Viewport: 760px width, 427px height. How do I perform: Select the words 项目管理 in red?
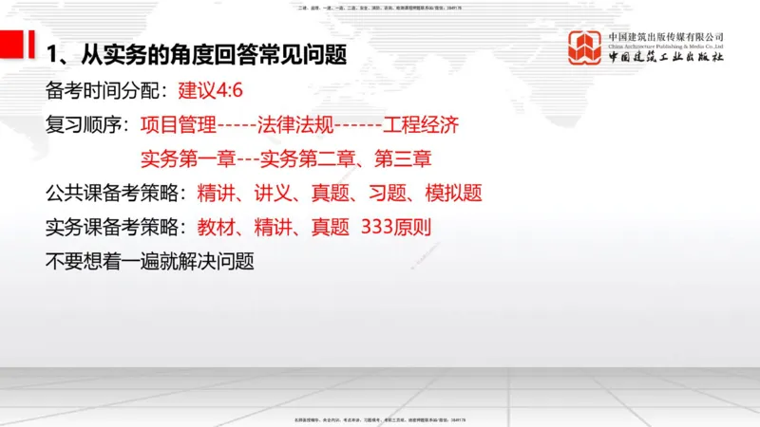tap(179, 124)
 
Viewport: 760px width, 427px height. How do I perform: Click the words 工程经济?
tap(421, 124)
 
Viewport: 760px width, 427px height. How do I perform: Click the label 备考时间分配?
tap(105, 91)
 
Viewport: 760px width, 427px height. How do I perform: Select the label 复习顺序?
tap(86, 124)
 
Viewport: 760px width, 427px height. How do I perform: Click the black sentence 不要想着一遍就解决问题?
tap(149, 262)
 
